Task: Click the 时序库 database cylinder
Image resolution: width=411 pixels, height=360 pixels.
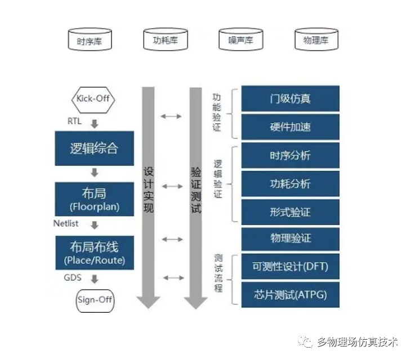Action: click(90, 40)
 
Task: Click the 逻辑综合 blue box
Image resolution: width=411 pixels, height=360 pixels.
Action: click(95, 148)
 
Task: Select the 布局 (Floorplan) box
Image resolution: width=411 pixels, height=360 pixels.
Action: click(95, 199)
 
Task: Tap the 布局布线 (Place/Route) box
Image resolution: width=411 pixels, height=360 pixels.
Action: click(95, 252)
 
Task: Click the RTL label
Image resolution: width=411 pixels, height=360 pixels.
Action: click(74, 121)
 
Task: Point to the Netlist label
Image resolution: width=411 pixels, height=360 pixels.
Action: click(66, 224)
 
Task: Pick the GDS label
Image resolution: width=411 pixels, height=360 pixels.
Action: click(73, 278)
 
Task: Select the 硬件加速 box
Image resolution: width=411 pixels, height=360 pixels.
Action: click(290, 127)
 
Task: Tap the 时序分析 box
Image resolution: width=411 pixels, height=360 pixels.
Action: click(290, 156)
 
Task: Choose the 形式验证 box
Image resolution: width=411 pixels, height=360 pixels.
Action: click(290, 212)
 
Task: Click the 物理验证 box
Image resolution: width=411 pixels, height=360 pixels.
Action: click(290, 238)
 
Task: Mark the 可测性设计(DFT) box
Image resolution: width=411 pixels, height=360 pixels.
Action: click(290, 267)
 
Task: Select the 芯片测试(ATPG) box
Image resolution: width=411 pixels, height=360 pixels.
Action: click(290, 294)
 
